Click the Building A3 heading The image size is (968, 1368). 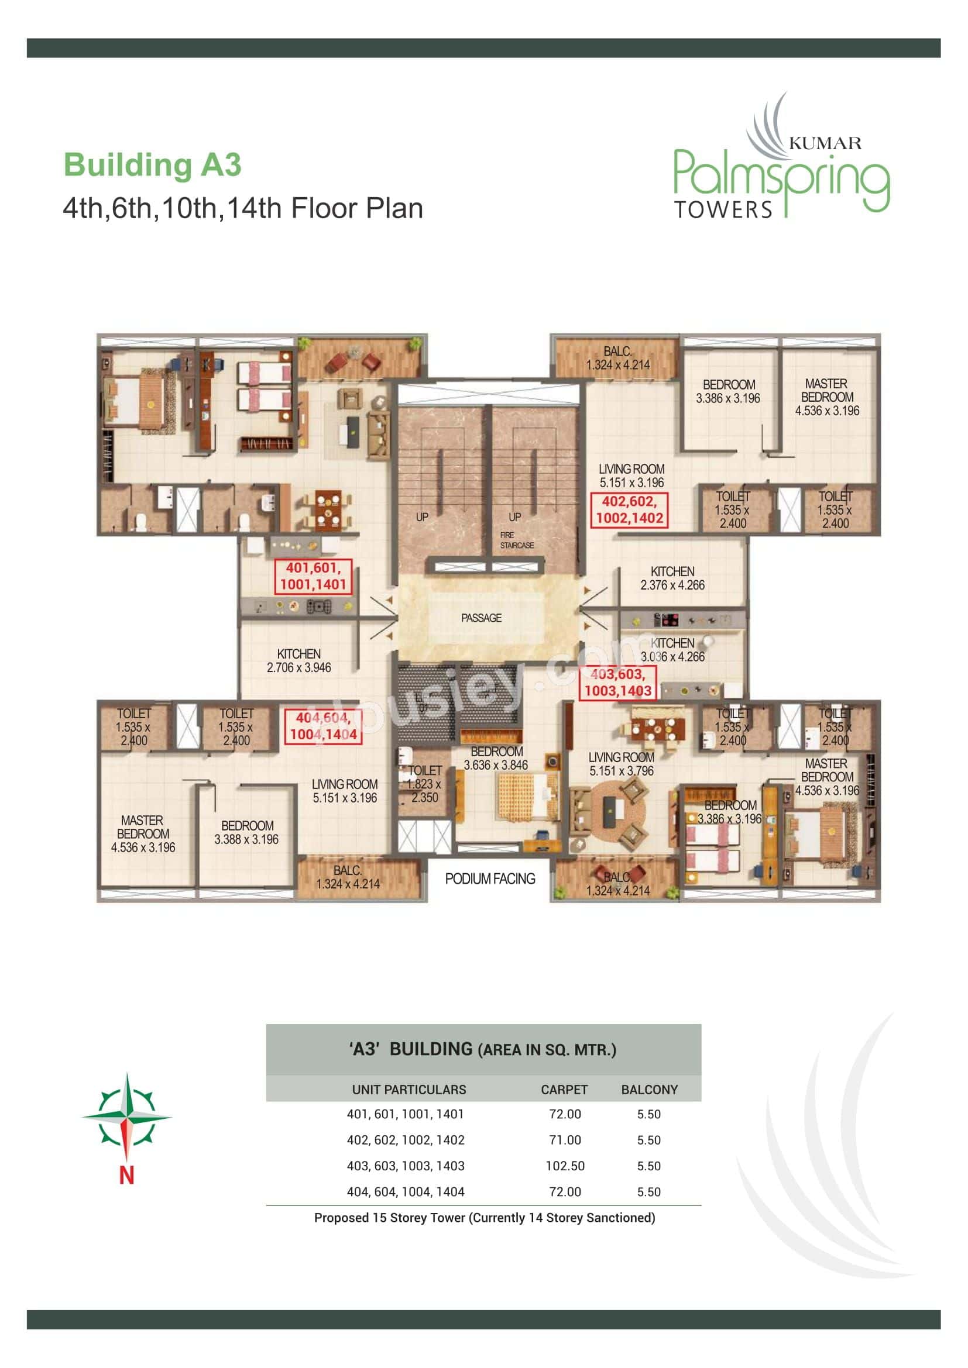(x=152, y=165)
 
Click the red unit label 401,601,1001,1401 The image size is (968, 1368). (x=313, y=576)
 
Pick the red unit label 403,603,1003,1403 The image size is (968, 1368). (x=617, y=683)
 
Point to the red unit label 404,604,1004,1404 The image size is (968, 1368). (x=323, y=726)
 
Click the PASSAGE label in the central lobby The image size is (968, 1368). (x=481, y=618)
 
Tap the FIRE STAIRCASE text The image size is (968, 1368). (x=516, y=540)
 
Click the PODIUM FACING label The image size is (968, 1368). (x=489, y=879)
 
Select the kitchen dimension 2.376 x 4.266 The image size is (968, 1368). (x=672, y=585)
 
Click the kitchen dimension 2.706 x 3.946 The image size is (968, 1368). (x=298, y=667)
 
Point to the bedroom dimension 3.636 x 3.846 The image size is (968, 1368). (x=495, y=765)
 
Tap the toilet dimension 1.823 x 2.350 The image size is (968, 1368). (x=424, y=791)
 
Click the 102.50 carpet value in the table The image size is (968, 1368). (x=564, y=1166)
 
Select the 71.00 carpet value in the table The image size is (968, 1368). (x=564, y=1140)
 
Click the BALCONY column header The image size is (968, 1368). (x=649, y=1090)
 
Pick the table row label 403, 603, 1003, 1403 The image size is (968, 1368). (x=406, y=1166)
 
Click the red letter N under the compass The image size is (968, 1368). (x=126, y=1175)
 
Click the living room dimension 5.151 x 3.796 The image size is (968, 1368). (x=621, y=771)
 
